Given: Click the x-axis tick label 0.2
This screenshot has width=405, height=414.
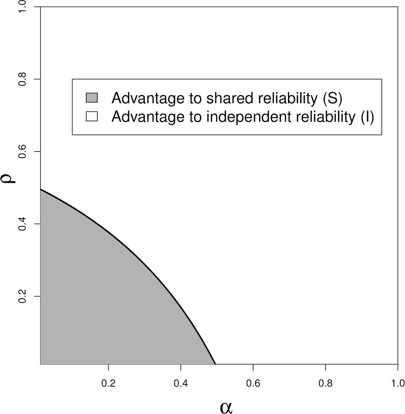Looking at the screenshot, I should [x=108, y=383].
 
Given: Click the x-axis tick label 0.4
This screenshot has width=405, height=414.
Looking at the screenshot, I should [x=181, y=383].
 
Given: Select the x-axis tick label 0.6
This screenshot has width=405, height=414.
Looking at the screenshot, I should [x=253, y=383].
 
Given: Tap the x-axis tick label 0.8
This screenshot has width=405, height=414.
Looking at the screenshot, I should [x=325, y=383].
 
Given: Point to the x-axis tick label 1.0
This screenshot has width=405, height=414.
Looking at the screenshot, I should [x=397, y=383].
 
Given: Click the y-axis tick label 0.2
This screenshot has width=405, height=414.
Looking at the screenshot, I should [x=22, y=297].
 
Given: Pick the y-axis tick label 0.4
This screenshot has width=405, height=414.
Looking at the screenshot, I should [x=22, y=224].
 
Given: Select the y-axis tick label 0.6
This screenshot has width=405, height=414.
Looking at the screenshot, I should [x=22, y=152].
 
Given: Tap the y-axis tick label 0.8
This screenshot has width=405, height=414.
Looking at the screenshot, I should [x=22, y=79].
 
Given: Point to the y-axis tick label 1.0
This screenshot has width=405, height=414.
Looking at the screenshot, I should [x=22, y=8].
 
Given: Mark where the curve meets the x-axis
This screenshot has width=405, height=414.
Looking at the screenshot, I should [x=215, y=364].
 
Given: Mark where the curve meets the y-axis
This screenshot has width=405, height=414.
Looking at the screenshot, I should [x=41, y=189].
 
